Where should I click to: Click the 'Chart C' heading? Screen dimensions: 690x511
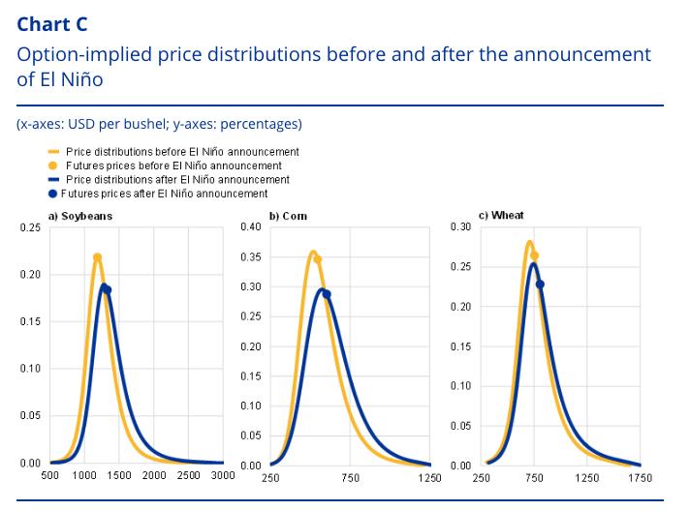click(x=52, y=24)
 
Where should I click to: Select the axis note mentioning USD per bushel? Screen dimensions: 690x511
click(x=159, y=124)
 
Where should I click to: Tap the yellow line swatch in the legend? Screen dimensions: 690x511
click(x=53, y=152)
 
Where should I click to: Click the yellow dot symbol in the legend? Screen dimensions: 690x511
click(x=52, y=165)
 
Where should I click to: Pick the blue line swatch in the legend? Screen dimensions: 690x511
click(x=53, y=180)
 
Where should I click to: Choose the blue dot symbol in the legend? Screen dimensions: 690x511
click(x=52, y=194)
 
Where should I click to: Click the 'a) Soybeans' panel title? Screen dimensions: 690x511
click(x=80, y=216)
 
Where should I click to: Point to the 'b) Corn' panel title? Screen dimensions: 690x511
click(x=288, y=216)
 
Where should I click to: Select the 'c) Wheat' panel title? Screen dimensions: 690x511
click(x=501, y=215)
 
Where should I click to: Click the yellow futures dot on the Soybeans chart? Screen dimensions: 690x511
click(x=97, y=257)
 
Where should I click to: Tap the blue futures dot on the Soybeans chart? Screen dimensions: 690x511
click(x=108, y=289)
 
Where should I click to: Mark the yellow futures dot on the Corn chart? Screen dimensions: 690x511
click(x=317, y=259)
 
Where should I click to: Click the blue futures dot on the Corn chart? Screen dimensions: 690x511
click(x=327, y=294)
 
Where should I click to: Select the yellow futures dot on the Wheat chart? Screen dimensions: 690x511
click(x=534, y=255)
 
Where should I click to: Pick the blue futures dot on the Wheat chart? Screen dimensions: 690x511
click(x=540, y=285)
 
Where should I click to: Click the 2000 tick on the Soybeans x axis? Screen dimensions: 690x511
click(x=154, y=475)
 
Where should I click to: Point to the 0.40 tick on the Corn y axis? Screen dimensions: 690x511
click(x=251, y=226)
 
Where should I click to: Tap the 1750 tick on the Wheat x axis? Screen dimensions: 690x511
click(x=641, y=477)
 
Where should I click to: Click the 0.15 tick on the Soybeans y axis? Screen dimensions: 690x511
click(x=30, y=321)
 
